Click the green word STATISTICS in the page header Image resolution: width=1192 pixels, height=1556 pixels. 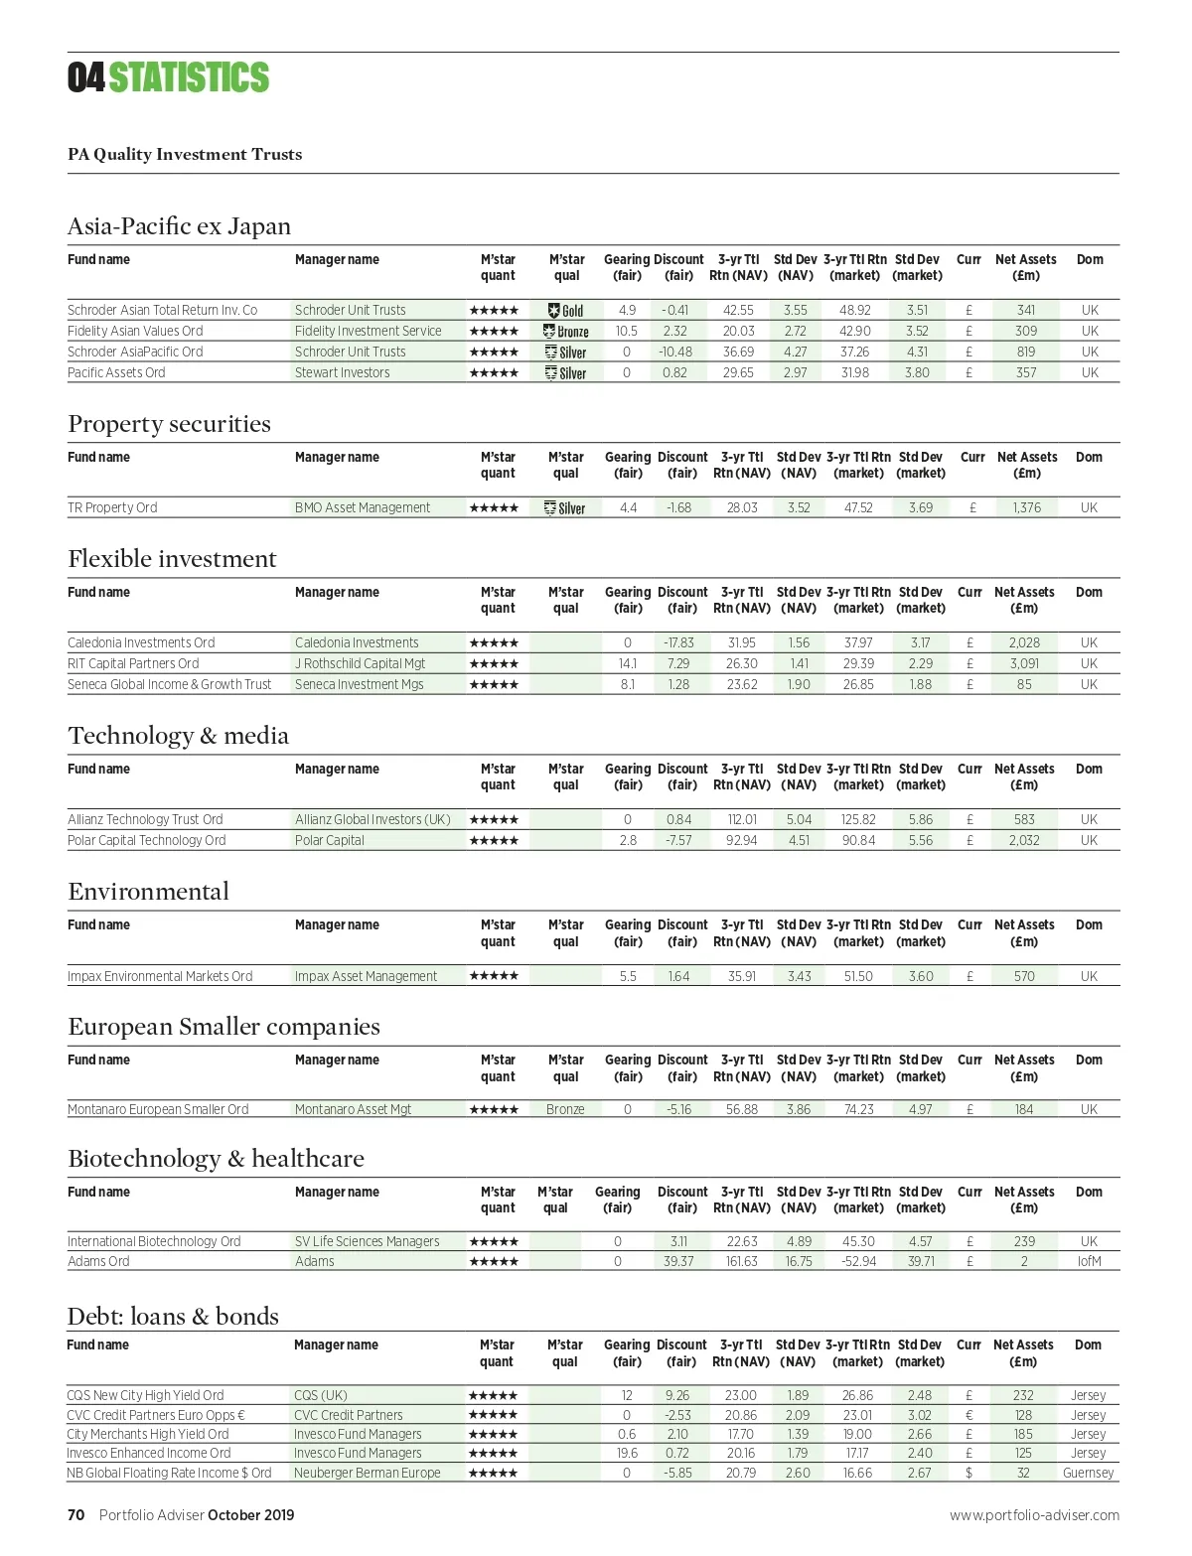coord(189,77)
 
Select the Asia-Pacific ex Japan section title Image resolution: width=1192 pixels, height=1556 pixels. coord(179,226)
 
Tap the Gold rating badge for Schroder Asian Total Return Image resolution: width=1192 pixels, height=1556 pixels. coord(566,311)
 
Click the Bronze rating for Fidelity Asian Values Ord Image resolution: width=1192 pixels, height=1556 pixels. coord(566,332)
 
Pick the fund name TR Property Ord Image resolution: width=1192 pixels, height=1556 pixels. coord(112,507)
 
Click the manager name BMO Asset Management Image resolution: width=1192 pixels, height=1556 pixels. coord(363,507)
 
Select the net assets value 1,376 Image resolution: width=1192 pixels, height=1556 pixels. coord(1026,507)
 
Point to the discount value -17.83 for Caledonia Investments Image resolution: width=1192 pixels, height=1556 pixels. coord(678,642)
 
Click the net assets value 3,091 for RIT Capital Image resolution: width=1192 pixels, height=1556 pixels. coord(1024,663)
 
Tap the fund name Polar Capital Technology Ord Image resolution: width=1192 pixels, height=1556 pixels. coord(147,840)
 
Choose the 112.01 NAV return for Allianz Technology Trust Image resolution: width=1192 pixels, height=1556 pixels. coord(742,819)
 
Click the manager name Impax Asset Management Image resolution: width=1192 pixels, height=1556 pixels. coord(366,976)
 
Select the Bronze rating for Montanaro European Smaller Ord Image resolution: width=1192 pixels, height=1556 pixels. coord(565,1109)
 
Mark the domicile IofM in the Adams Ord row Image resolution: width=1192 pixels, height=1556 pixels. coord(1089,1261)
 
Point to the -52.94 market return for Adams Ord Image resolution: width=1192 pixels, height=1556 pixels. coord(858,1261)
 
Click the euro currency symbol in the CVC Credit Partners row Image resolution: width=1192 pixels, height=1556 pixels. coord(968,1415)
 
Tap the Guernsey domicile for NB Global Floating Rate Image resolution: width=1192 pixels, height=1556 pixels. coord(1088,1473)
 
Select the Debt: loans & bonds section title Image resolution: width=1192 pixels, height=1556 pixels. coord(173,1317)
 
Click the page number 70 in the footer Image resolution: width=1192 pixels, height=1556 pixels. coord(76,1515)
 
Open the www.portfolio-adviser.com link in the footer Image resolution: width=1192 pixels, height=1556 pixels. coord(1034,1515)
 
